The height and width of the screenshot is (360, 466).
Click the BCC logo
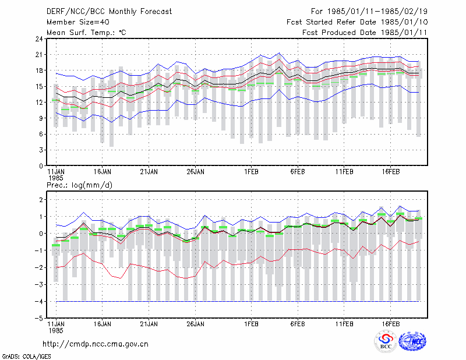tap(386, 342)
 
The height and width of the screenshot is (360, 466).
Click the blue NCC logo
tap(412, 341)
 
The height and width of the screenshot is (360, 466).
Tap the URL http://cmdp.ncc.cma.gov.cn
tap(96, 344)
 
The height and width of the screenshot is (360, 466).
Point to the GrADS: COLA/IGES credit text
tap(26, 357)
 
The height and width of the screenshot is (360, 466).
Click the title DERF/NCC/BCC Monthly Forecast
tap(109, 12)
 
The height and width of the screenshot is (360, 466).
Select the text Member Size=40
tap(78, 22)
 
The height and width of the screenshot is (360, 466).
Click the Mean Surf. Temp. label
tap(86, 33)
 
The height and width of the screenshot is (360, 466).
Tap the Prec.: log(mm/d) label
tap(79, 185)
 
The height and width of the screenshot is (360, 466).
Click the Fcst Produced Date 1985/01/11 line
tap(365, 33)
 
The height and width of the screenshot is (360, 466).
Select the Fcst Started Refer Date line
tap(357, 22)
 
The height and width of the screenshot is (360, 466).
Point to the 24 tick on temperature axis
tap(39, 39)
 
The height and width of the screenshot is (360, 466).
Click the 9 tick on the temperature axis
tap(41, 118)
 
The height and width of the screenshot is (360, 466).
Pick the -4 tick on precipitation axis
tap(39, 301)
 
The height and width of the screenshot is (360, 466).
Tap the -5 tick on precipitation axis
tap(39, 319)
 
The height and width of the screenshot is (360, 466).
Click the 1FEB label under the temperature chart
tap(252, 172)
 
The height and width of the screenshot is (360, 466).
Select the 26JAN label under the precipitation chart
tap(196, 324)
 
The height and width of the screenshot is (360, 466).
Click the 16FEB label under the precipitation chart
tap(391, 324)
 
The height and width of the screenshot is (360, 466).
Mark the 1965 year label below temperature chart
tap(56, 178)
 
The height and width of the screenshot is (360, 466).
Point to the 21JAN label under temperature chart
tap(149, 172)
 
